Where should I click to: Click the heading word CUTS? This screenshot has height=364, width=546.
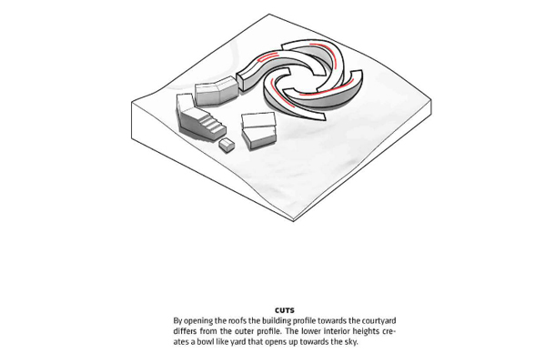[285, 310]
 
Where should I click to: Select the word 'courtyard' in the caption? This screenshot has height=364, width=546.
[379, 321]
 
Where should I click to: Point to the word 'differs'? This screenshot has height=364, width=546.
[185, 331]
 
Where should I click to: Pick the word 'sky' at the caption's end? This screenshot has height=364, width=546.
[351, 342]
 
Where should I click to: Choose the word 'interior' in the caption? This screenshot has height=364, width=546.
[336, 331]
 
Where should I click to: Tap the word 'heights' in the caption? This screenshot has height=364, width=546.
[366, 331]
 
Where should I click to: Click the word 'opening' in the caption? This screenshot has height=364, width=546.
[196, 321]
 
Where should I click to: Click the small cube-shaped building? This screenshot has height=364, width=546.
[227, 145]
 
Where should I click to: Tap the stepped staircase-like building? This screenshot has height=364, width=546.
[198, 118]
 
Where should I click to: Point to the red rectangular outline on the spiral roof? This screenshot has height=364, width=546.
[268, 56]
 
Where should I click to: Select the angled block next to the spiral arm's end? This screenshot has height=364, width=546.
[215, 91]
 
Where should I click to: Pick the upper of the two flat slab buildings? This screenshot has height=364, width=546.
[258, 120]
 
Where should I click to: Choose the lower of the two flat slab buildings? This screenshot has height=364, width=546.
[260, 137]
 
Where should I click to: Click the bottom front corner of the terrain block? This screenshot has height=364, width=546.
[294, 221]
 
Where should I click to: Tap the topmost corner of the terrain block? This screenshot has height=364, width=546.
[269, 15]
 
